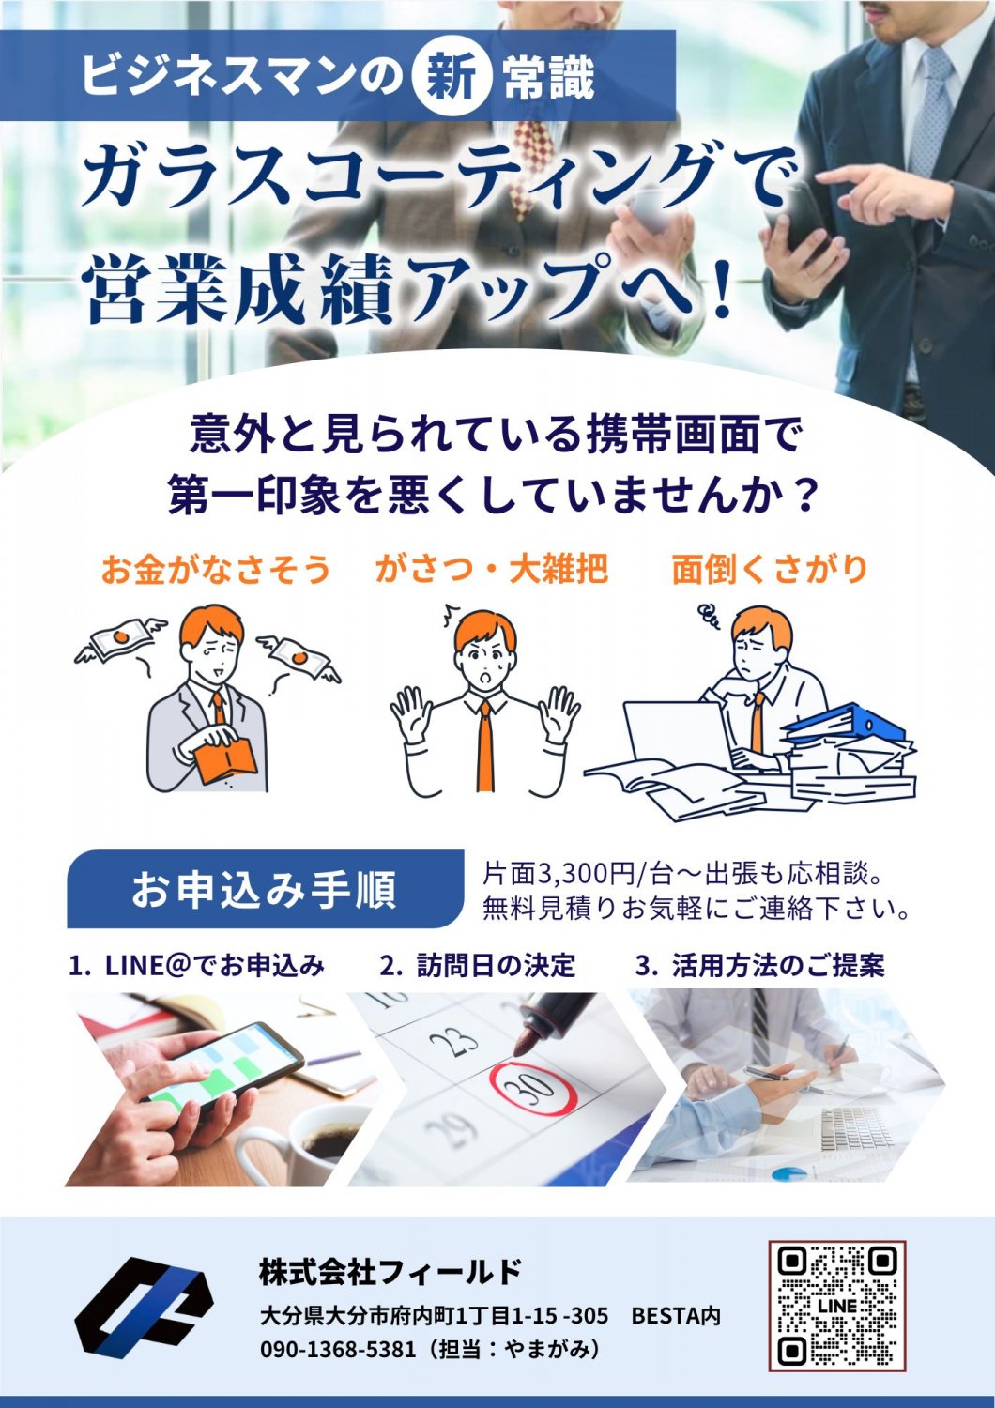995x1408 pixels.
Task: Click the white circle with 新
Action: click(452, 79)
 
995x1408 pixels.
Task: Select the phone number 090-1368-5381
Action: click(338, 1348)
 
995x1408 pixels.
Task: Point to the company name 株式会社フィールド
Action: click(390, 1273)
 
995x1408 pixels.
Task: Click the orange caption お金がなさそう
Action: click(216, 570)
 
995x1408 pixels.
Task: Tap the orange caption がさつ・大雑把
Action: click(492, 570)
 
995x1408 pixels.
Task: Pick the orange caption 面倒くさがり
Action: click(770, 570)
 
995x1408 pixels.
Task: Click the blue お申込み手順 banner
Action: click(266, 889)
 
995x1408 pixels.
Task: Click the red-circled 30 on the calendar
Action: click(533, 1089)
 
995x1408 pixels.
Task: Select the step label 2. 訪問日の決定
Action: click(478, 966)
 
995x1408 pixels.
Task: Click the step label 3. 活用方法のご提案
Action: click(760, 966)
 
